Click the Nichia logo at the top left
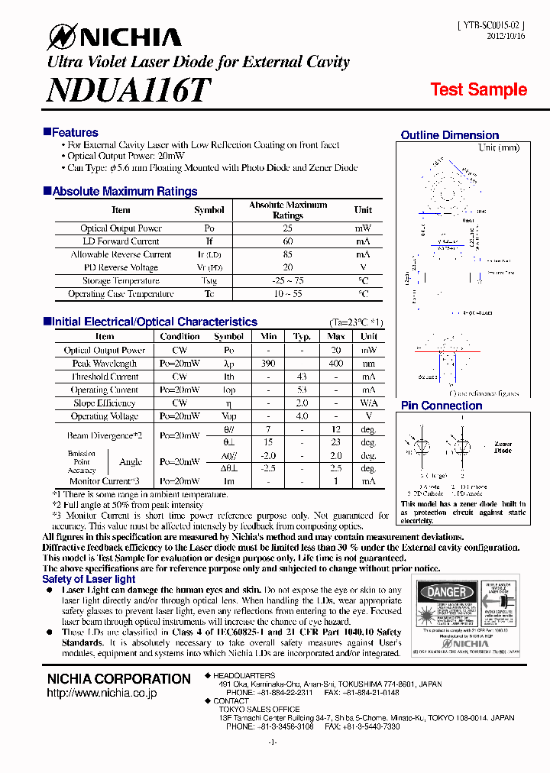click(115, 37)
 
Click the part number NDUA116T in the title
click(128, 91)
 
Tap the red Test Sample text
click(478, 89)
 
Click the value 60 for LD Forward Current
click(288, 241)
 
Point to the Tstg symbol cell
click(209, 281)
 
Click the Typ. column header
click(302, 336)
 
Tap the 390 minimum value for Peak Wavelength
click(268, 364)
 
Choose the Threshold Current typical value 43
click(302, 377)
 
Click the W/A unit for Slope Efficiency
click(369, 403)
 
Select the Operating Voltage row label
click(105, 416)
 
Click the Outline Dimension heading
click(449, 135)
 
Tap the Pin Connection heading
click(442, 406)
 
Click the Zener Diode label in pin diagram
click(503, 447)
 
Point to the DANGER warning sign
click(446, 592)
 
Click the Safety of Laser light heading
click(89, 580)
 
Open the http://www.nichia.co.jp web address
click(102, 693)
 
